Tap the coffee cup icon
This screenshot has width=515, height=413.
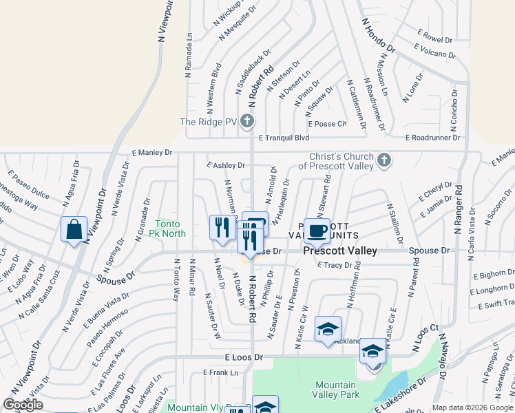317,230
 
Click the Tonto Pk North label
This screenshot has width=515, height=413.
171,229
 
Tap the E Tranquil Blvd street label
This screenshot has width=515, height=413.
284,138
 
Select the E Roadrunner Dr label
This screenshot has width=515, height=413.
434,138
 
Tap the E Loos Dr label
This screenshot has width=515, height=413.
244,358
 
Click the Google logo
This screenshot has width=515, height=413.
23,404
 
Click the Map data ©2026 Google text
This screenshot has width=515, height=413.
472,407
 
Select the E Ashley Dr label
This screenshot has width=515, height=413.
227,165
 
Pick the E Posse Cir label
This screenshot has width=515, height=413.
328,124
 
